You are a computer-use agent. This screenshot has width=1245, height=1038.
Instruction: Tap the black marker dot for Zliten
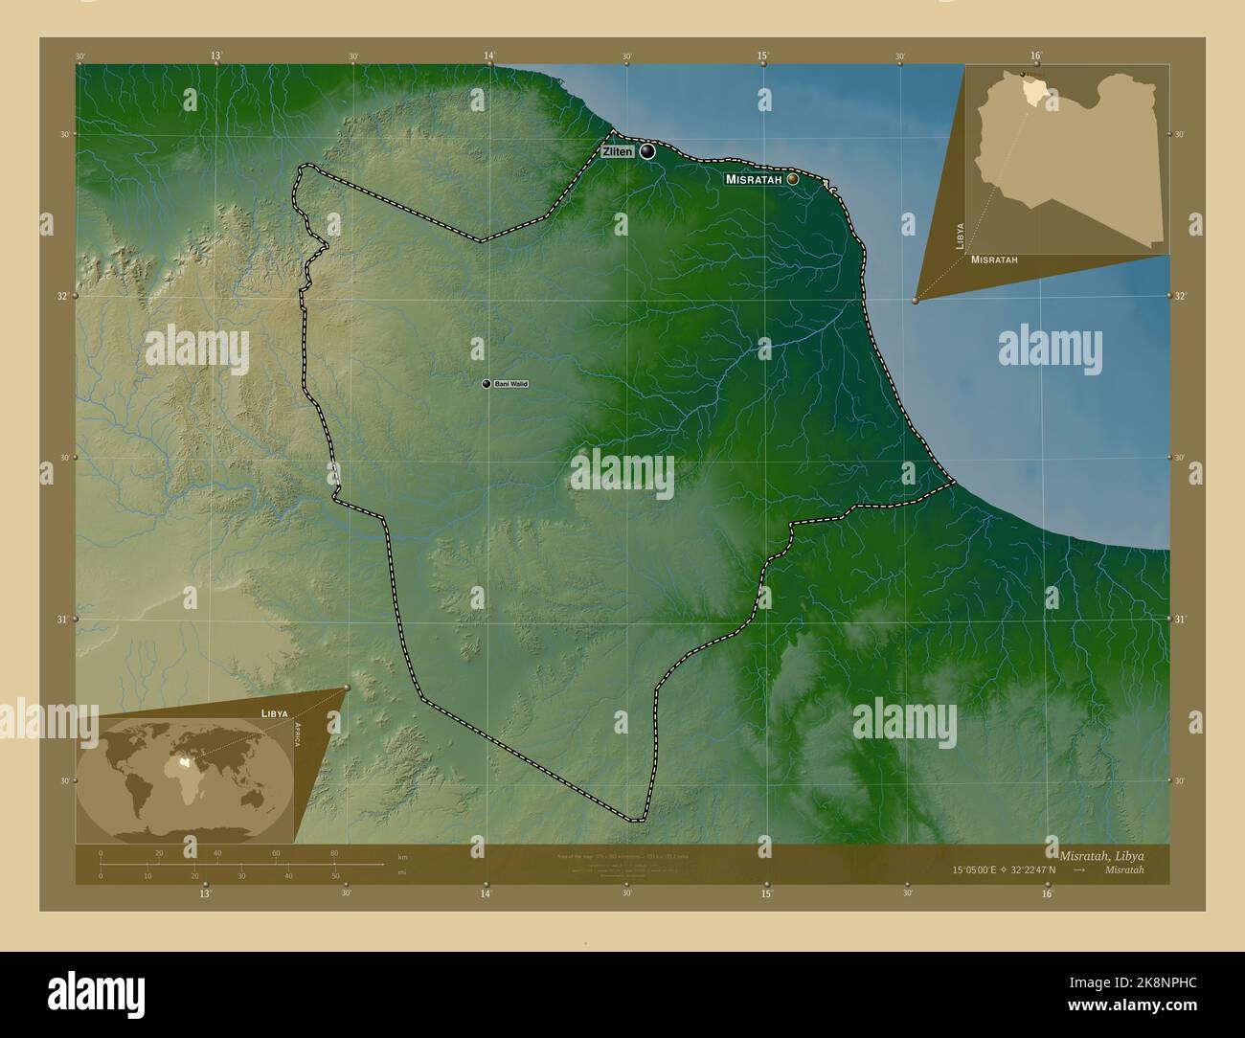point(648,151)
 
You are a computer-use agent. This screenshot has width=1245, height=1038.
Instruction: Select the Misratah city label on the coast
point(755,179)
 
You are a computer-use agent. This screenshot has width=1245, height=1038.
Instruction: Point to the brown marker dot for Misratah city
point(793,178)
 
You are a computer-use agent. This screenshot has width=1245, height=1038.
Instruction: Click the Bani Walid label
point(511,384)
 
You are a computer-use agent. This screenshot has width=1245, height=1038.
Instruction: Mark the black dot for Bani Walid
point(487,384)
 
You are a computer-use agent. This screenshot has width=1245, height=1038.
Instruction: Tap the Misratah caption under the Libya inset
point(994,259)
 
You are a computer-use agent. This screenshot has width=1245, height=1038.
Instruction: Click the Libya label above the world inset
point(274,714)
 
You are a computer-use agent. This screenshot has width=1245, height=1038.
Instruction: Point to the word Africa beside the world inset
point(298,741)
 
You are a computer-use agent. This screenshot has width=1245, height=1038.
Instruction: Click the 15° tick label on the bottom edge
point(766,894)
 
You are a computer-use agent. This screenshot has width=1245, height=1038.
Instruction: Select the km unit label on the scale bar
point(403,856)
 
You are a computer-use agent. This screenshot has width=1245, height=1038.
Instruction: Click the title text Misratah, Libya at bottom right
point(1100,854)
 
